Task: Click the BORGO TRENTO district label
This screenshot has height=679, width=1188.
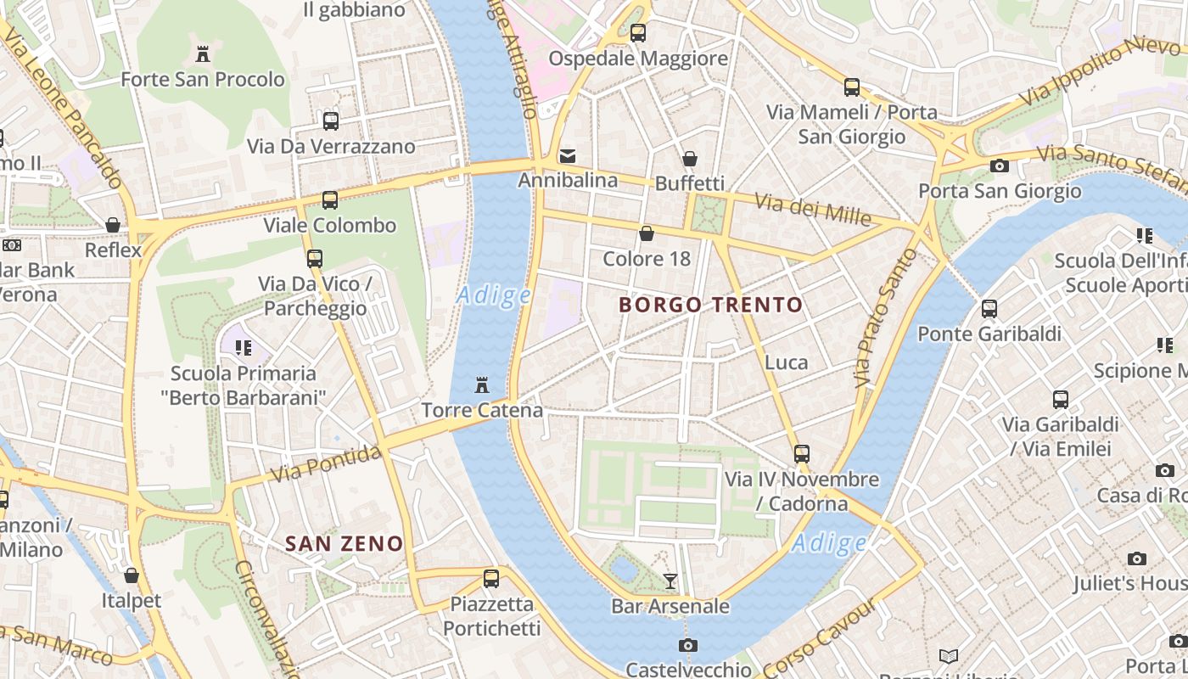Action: point(710,305)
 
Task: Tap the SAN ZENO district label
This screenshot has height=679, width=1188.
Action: point(344,543)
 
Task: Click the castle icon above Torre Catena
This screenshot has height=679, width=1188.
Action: point(482,385)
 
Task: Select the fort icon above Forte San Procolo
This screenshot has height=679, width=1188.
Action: point(203,54)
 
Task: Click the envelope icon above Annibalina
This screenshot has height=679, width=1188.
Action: point(568,156)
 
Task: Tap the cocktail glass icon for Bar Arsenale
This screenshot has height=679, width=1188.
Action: point(670,581)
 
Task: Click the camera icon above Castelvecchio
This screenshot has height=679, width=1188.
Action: point(688,645)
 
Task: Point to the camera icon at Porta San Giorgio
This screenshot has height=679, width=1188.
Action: point(1000,166)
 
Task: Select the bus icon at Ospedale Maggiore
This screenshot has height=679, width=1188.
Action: point(638,33)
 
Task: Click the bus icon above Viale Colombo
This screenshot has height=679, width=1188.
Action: point(330,200)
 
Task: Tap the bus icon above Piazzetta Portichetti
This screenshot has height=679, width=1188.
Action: point(491,579)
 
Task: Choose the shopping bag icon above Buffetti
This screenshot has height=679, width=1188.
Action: point(690,159)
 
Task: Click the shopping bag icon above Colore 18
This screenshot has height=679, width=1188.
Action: point(647,233)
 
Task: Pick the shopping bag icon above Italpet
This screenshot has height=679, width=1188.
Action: point(132,575)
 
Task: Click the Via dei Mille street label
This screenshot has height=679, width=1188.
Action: point(812,210)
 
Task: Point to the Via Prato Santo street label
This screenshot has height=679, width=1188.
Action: point(875,331)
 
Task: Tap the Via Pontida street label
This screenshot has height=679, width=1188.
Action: point(325,464)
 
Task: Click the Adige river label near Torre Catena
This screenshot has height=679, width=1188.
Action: point(493,295)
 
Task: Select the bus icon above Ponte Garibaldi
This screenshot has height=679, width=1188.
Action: point(989,309)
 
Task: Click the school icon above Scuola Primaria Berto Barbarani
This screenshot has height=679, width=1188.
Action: point(244,347)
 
